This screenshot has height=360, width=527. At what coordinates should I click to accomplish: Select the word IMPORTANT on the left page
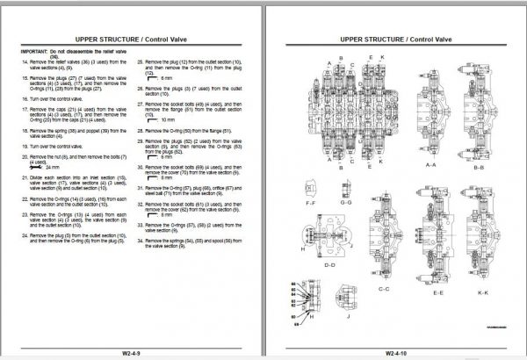pyautogui.click(x=34, y=52)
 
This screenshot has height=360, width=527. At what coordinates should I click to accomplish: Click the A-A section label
pyautogui.click(x=430, y=163)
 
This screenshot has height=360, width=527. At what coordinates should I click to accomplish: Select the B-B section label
pyautogui.click(x=479, y=163)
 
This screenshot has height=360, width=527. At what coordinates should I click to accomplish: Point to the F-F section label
pyautogui.click(x=309, y=201)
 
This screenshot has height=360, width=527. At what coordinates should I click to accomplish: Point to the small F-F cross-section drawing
pyautogui.click(x=309, y=187)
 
